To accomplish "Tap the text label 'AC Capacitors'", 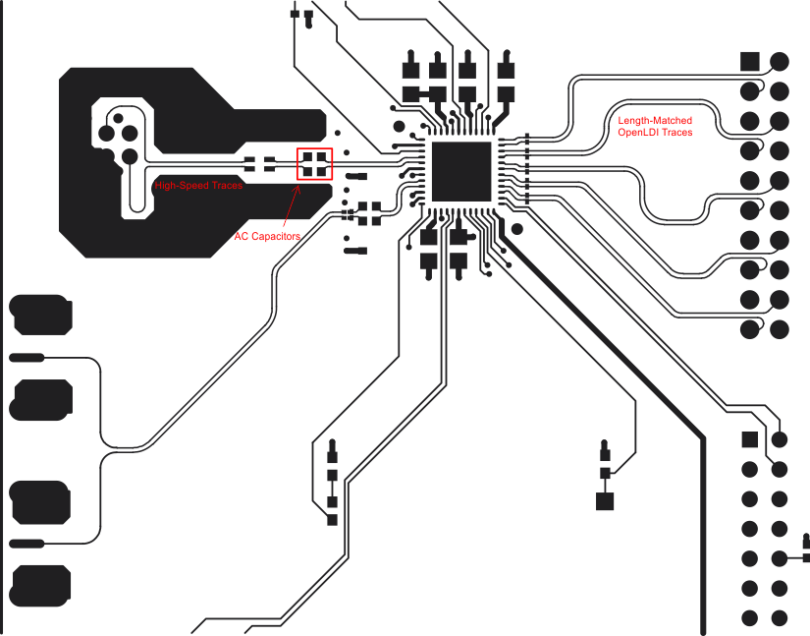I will (x=267, y=237).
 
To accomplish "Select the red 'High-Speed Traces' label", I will (x=198, y=185).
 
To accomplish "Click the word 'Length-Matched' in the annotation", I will (x=654, y=121).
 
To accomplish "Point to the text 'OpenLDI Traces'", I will (x=654, y=132).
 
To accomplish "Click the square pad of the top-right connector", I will (x=749, y=61).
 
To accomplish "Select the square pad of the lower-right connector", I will (x=749, y=438).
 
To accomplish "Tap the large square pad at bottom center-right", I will (x=605, y=500).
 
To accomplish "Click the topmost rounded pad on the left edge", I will (x=40, y=314).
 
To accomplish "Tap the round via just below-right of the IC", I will (x=517, y=229).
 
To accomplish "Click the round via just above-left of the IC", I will (x=398, y=127).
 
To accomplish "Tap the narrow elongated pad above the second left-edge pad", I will (x=27, y=357).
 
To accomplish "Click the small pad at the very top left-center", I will (x=296, y=14).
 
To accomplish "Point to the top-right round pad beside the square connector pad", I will (x=780, y=61).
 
